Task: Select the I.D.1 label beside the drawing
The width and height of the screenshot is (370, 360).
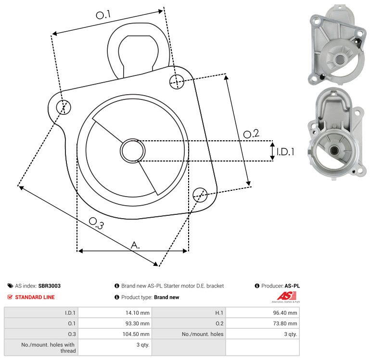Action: click(x=285, y=152)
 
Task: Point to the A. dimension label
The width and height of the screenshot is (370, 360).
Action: click(x=135, y=245)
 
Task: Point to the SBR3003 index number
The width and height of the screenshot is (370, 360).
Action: click(x=49, y=286)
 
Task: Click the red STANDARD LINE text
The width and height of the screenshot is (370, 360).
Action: click(x=35, y=297)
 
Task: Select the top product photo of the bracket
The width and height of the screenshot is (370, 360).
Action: click(x=335, y=44)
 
